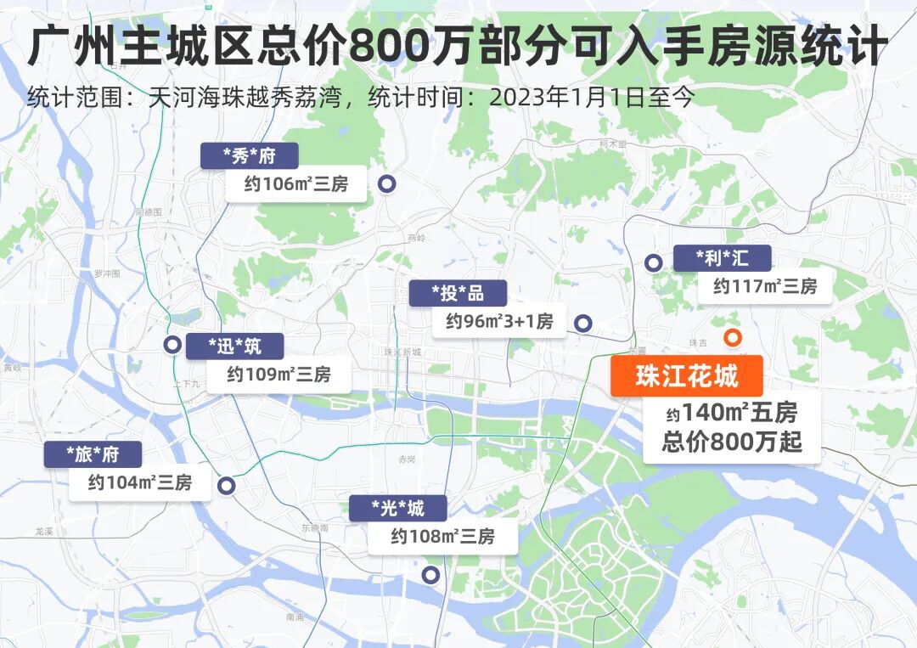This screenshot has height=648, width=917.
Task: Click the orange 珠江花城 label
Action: (686, 375)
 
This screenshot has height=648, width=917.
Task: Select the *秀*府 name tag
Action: (250, 156)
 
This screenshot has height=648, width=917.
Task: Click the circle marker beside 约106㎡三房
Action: (386, 183)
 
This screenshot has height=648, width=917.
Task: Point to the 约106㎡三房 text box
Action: (296, 183)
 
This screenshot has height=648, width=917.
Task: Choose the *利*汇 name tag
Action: (722, 258)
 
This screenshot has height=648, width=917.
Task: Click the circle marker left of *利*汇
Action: (653, 262)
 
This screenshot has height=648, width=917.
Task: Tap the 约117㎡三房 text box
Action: (764, 287)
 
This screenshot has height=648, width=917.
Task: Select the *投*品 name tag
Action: (458, 293)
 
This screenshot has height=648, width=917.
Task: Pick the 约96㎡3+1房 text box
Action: (499, 321)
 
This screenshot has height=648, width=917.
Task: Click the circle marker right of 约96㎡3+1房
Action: (582, 323)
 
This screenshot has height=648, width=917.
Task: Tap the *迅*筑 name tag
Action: (235, 346)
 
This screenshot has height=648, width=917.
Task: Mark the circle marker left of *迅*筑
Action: (172, 344)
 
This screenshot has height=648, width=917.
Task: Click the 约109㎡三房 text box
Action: (278, 375)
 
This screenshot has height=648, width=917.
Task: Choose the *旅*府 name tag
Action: (93, 454)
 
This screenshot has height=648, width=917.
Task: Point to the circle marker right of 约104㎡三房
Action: (226, 485)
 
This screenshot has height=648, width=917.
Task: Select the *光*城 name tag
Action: (397, 509)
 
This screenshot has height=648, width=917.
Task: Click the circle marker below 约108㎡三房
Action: (430, 574)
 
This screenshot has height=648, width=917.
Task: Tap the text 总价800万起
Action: (732, 442)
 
